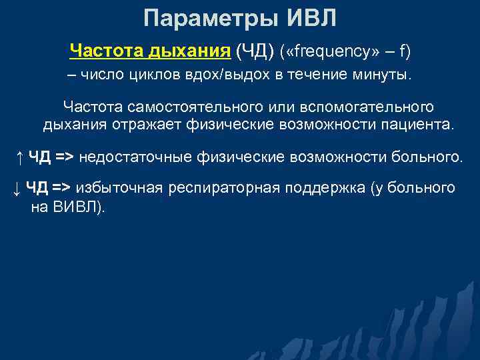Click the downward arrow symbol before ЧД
(16, 189)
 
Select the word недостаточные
(137, 157)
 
